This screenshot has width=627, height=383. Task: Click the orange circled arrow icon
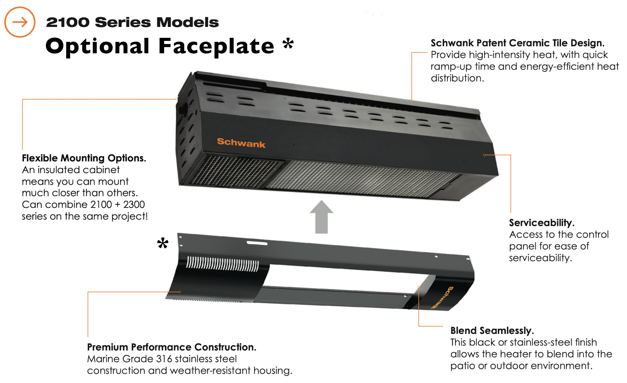(20, 22)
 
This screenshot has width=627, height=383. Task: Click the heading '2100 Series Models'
(132, 22)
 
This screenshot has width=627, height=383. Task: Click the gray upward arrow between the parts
(321, 217)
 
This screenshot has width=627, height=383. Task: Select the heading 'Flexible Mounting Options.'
(84, 158)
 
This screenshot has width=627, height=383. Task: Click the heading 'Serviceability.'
(542, 223)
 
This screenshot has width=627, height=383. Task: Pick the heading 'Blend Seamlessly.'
(492, 330)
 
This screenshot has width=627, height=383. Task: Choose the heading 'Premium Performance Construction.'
(172, 347)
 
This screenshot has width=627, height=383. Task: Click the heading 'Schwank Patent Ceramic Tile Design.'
(518, 43)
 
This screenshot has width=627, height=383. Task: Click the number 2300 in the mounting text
(134, 205)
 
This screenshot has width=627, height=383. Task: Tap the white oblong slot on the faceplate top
(257, 243)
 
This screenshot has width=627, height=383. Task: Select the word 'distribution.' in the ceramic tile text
(457, 78)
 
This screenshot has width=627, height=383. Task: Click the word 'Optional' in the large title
(97, 46)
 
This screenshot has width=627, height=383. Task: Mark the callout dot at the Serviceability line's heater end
(484, 155)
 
